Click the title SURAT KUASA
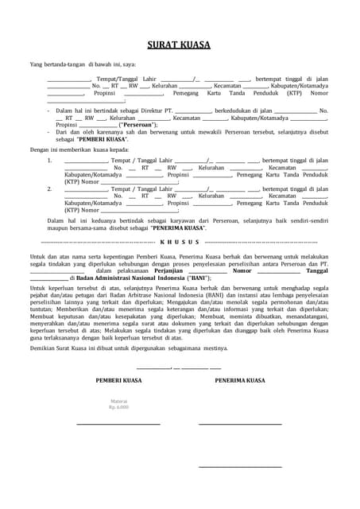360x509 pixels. point(179,45)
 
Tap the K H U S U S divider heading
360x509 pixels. point(180,241)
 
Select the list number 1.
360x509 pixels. point(49,160)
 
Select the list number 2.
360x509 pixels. point(49,189)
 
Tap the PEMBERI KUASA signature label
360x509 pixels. point(118,381)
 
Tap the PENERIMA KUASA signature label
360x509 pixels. point(240,381)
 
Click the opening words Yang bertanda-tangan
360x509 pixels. point(56,64)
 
